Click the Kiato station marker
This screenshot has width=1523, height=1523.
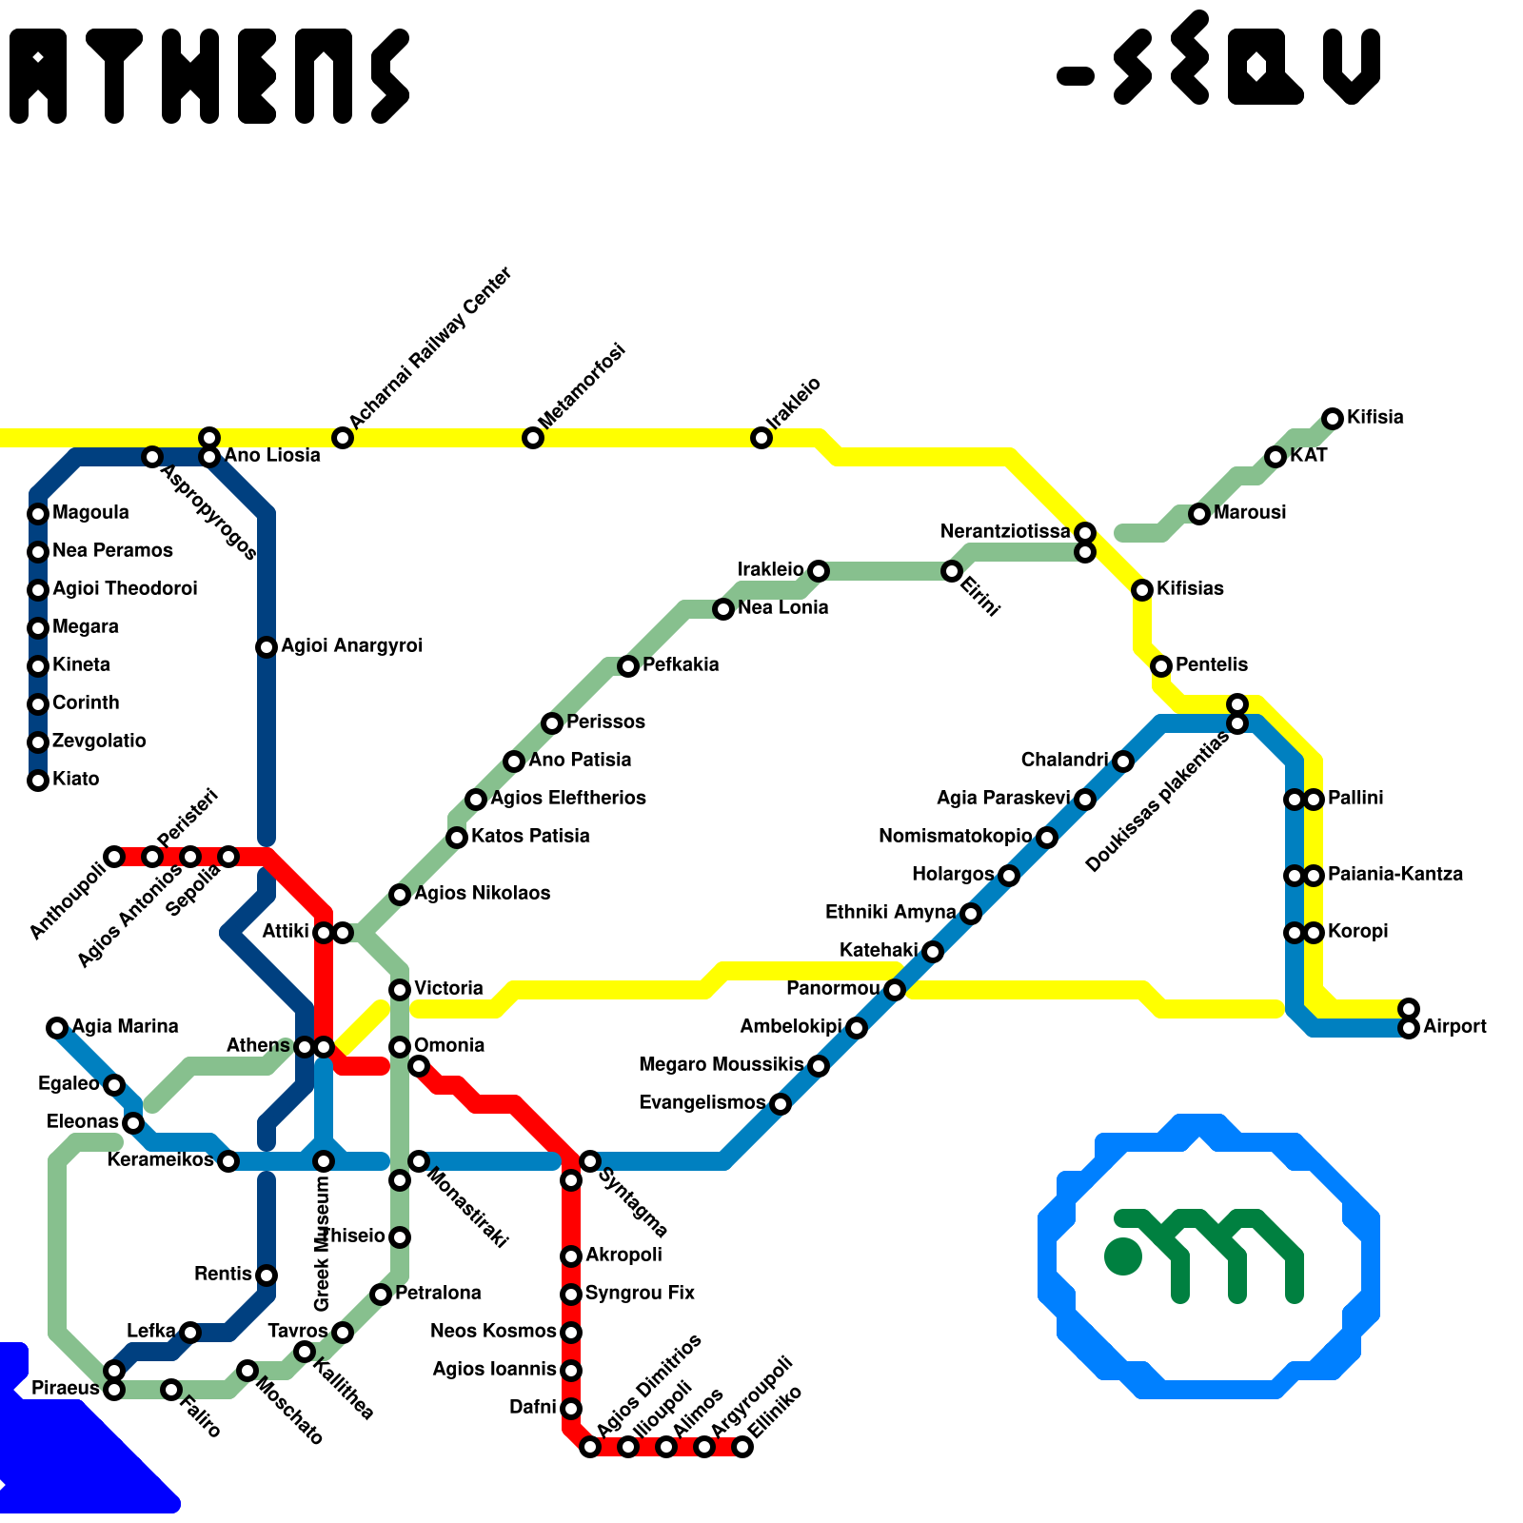pyautogui.click(x=38, y=781)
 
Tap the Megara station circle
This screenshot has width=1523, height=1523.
pyautogui.click(x=38, y=628)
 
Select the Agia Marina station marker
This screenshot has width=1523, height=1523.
pyautogui.click(x=57, y=1027)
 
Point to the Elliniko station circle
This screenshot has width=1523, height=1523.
pyautogui.click(x=742, y=1447)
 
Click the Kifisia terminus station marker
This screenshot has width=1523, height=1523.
pyautogui.click(x=1333, y=418)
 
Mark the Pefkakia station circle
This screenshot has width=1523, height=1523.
pyautogui.click(x=628, y=666)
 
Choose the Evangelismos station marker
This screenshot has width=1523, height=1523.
pyautogui.click(x=781, y=1104)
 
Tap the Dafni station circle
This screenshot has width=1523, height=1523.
pyautogui.click(x=571, y=1409)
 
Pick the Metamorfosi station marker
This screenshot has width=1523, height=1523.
pyautogui.click(x=533, y=438)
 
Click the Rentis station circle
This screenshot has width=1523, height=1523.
pyautogui.click(x=267, y=1276)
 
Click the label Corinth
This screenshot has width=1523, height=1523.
pyautogui.click(x=86, y=703)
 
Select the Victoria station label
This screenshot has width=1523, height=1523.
pyautogui.click(x=448, y=989)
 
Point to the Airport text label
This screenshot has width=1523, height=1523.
pyautogui.click(x=1454, y=1027)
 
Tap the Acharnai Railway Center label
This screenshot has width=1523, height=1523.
pyautogui.click(x=430, y=347)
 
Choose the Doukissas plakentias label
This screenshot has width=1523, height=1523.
pyautogui.click(x=1157, y=804)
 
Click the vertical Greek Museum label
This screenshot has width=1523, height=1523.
pyautogui.click(x=322, y=1243)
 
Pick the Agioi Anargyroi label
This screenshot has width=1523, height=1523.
pyautogui.click(x=351, y=646)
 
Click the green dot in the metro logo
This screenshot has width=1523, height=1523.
pyautogui.click(x=1123, y=1256)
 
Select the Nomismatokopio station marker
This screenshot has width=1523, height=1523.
pyautogui.click(x=1047, y=838)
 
